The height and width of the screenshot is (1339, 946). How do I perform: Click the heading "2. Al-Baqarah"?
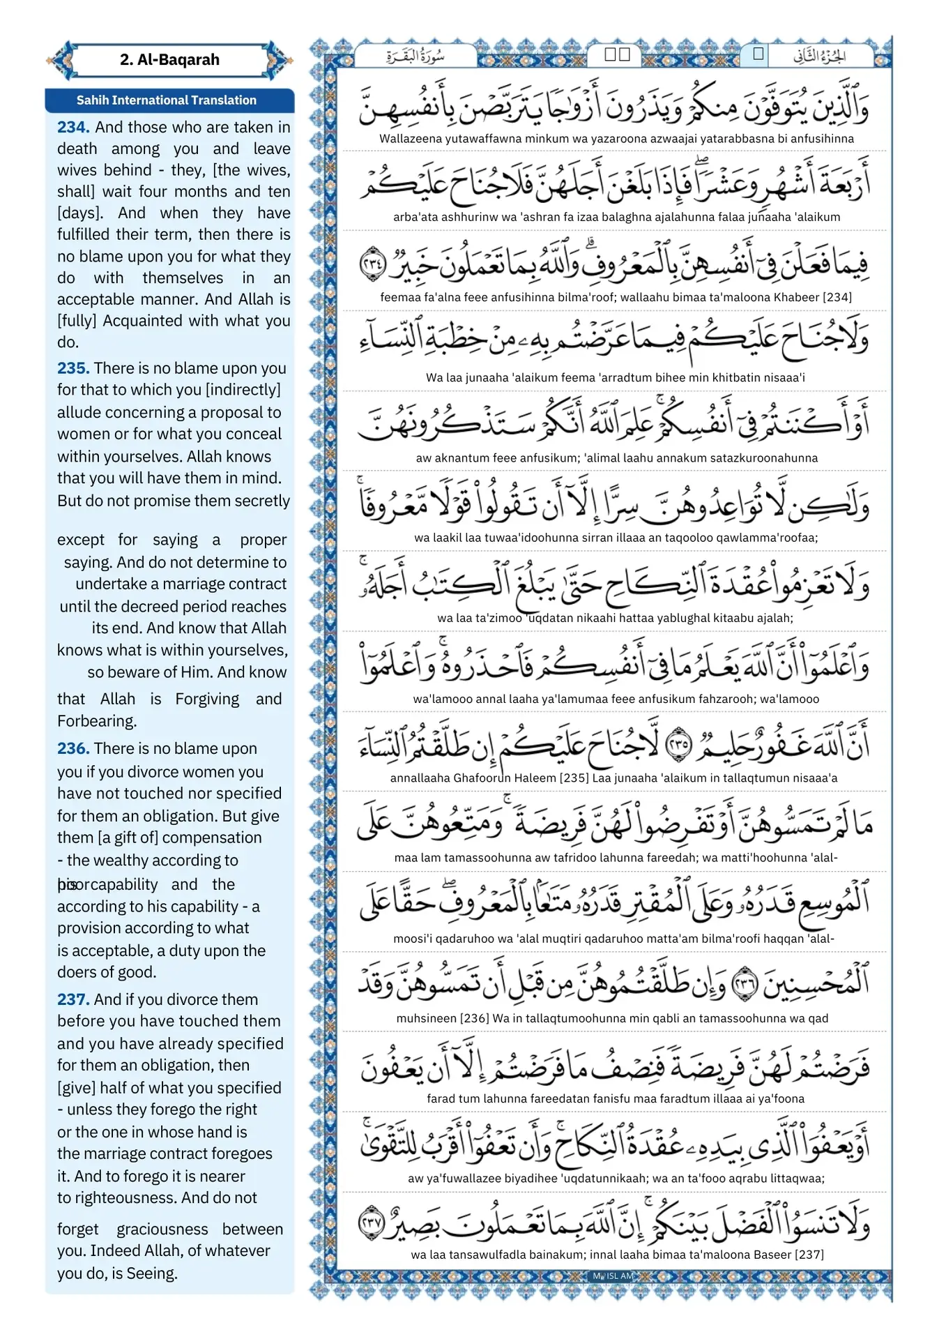[169, 60]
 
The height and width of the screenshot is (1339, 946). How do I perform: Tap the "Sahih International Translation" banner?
[167, 100]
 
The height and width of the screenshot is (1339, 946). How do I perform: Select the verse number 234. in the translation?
[73, 127]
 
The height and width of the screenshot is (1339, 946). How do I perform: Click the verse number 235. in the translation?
[73, 368]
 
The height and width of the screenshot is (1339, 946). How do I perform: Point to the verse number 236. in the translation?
[73, 748]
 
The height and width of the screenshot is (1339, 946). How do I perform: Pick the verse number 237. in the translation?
[73, 999]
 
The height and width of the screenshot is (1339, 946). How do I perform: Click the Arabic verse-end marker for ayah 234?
[372, 263]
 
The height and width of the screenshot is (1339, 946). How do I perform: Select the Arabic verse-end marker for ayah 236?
[745, 982]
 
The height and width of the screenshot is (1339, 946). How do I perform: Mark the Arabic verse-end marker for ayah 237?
[372, 1223]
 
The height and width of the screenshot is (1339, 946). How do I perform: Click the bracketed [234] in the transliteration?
[837, 297]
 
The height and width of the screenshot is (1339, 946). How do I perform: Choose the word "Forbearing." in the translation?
[97, 721]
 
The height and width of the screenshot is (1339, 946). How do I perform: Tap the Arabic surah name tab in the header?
[415, 56]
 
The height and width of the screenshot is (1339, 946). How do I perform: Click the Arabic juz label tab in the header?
[820, 56]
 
